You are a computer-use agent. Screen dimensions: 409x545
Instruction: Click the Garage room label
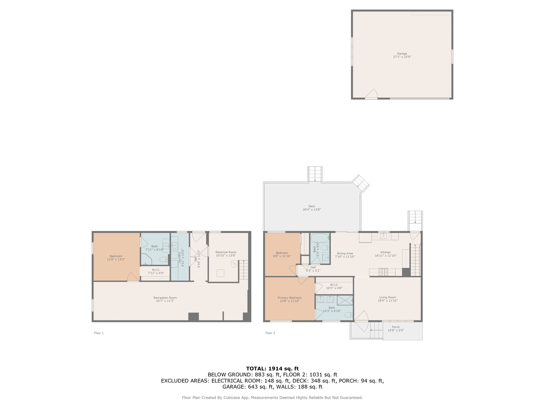(x=402, y=54)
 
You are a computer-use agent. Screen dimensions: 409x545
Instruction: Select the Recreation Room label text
(x=165, y=298)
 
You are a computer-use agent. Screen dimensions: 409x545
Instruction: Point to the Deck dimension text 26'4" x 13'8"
(x=311, y=209)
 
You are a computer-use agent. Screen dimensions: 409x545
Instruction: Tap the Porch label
(x=396, y=327)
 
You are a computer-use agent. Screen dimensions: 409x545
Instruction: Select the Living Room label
(x=387, y=297)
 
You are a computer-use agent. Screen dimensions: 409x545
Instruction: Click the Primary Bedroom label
(x=290, y=298)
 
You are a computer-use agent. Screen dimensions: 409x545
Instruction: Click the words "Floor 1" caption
(x=99, y=333)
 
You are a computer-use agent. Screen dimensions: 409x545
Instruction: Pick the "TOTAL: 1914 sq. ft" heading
(x=272, y=368)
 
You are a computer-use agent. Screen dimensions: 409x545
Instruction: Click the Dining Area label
(x=344, y=253)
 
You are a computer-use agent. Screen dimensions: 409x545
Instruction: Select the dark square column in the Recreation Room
(x=193, y=317)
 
